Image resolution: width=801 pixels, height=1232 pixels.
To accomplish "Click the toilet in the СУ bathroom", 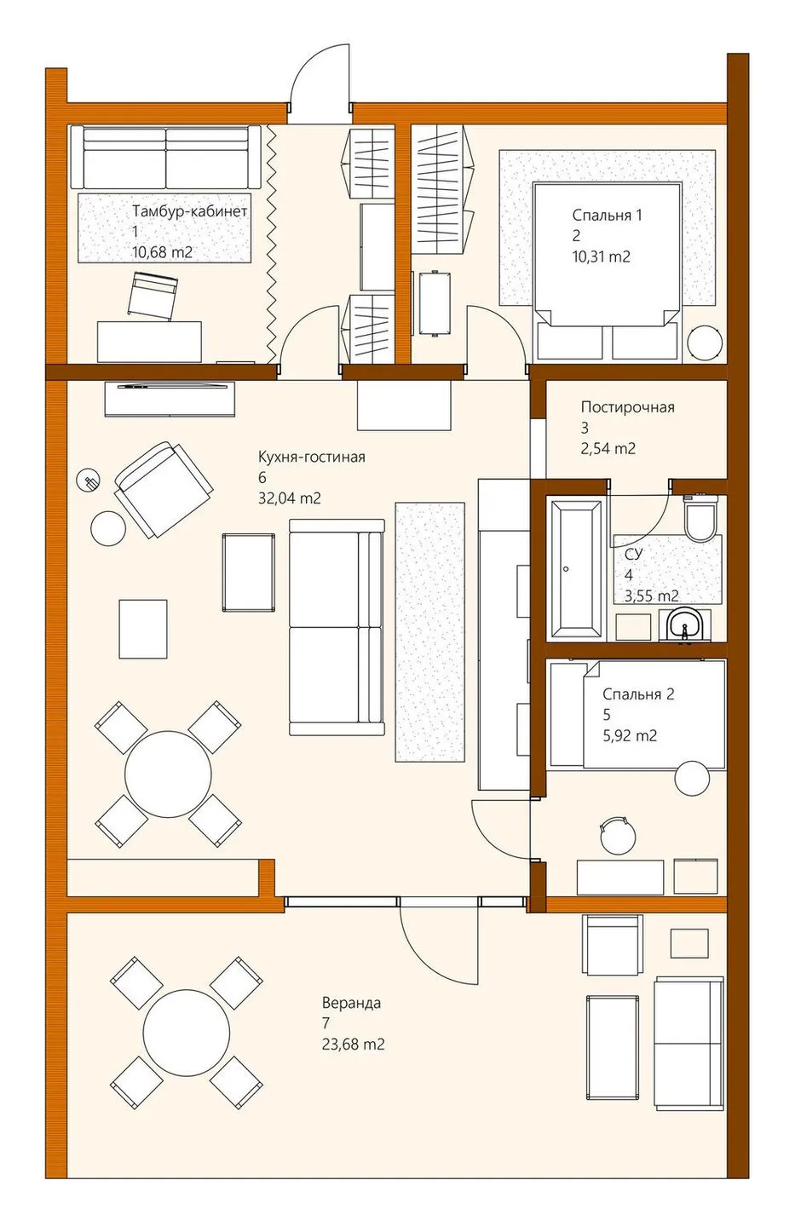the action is pyautogui.click(x=700, y=515).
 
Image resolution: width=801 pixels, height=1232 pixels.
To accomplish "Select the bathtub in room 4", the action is pyautogui.click(x=576, y=567).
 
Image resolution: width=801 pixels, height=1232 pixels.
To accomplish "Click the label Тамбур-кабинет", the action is pyautogui.click(x=190, y=211).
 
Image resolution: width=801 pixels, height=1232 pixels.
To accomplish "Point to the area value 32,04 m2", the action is pyautogui.click(x=290, y=498).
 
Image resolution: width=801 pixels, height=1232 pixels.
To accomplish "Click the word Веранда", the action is pyautogui.click(x=352, y=1003).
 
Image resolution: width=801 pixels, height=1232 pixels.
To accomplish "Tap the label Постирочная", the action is pyautogui.click(x=628, y=407).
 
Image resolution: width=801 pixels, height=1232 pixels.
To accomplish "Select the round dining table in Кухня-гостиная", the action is pyautogui.click(x=168, y=774).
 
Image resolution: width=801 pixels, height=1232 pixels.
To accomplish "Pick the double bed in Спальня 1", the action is pyautogui.click(x=607, y=273).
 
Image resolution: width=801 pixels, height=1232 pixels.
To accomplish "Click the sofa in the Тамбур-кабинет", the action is pyautogui.click(x=165, y=158).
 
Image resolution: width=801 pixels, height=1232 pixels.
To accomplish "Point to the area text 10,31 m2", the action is pyautogui.click(x=602, y=256).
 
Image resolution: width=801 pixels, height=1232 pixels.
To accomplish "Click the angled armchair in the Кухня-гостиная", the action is pyautogui.click(x=164, y=489).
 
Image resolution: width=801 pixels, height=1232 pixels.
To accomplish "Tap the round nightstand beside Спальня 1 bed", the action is pyautogui.click(x=704, y=343).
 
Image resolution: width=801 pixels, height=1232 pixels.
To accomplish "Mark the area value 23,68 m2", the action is pyautogui.click(x=353, y=1044).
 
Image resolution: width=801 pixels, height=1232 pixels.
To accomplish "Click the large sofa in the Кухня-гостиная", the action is pyautogui.click(x=337, y=627).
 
